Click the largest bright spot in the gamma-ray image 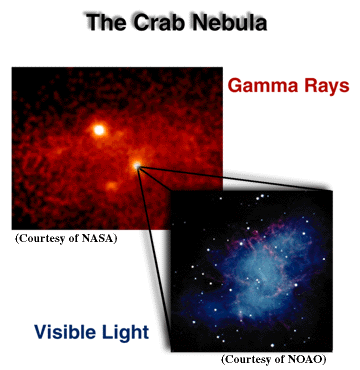coord(99,129)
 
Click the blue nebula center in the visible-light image coord(262,275)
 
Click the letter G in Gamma coord(237,86)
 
